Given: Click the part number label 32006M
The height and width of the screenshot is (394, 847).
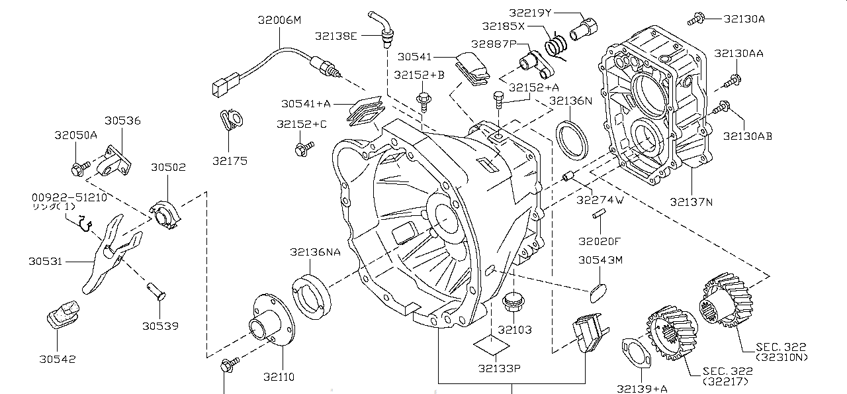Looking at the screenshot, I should (x=279, y=20).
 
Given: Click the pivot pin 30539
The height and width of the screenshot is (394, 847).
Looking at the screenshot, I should (x=156, y=291).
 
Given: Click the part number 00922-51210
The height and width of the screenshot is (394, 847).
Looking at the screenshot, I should (x=69, y=198).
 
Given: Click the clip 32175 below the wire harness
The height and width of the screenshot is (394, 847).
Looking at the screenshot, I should (x=231, y=120).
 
